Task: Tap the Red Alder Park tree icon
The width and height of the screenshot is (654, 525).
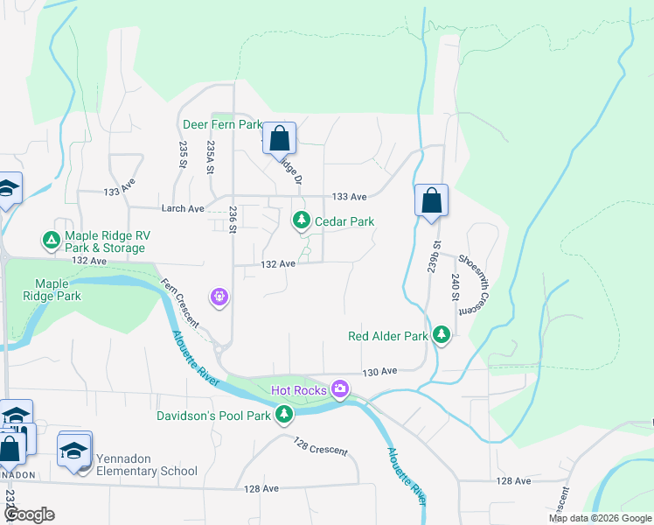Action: point(442,334)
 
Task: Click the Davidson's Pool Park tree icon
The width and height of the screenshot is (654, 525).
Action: point(283,414)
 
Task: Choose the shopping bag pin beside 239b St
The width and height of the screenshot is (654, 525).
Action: point(431,200)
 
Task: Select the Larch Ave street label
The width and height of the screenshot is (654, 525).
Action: point(183,209)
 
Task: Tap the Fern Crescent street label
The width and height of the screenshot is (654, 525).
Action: point(179,304)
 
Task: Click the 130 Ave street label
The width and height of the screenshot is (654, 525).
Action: point(380,371)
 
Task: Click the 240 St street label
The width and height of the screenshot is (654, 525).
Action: point(456,287)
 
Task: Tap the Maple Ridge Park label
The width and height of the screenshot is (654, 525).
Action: point(58,290)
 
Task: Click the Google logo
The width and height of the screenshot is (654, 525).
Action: point(29,514)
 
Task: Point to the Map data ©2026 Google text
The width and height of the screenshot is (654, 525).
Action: point(600,518)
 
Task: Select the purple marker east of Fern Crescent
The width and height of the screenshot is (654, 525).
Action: point(219,297)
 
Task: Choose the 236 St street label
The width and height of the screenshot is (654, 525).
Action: point(233,218)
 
